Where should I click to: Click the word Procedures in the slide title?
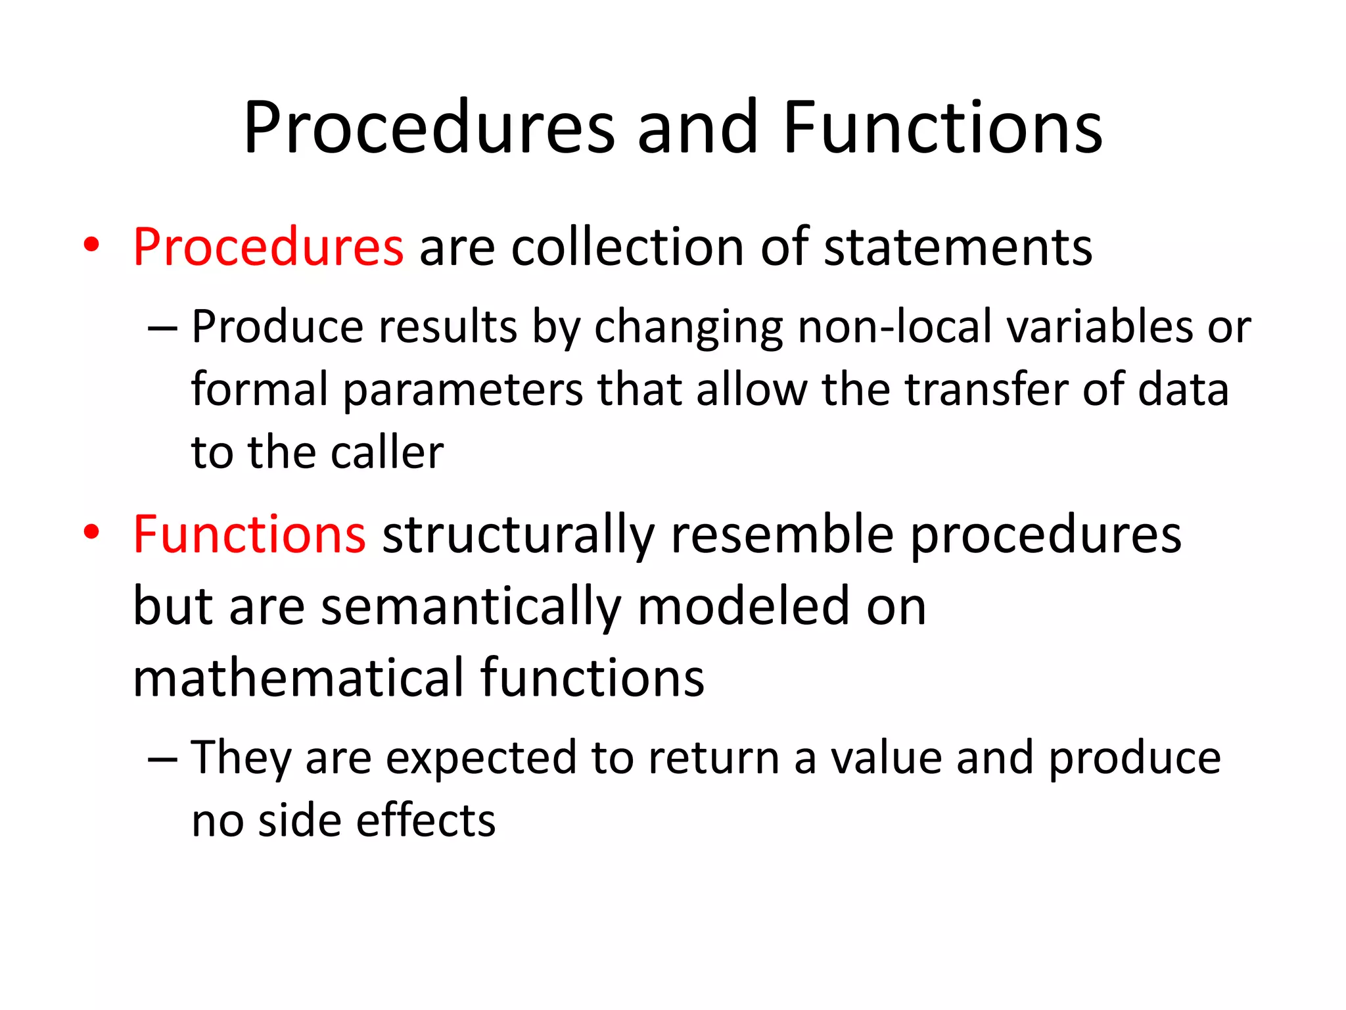click(429, 128)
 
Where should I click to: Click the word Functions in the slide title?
click(942, 128)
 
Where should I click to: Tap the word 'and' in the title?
click(697, 128)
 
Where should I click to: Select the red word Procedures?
click(268, 247)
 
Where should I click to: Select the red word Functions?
click(249, 535)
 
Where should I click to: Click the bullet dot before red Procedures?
click(91, 245)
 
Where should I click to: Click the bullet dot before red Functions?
click(91, 532)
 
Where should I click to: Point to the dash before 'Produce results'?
click(162, 327)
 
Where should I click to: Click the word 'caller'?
click(387, 453)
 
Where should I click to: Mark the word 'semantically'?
click(471, 607)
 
